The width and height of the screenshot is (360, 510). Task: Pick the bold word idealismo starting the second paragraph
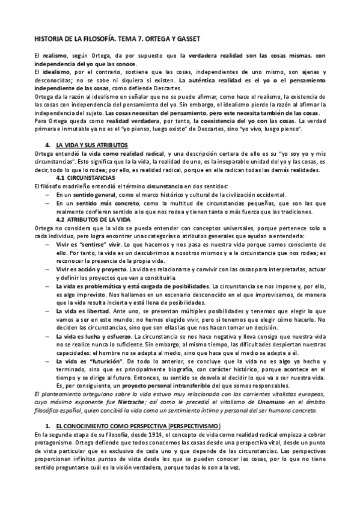(53, 72)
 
